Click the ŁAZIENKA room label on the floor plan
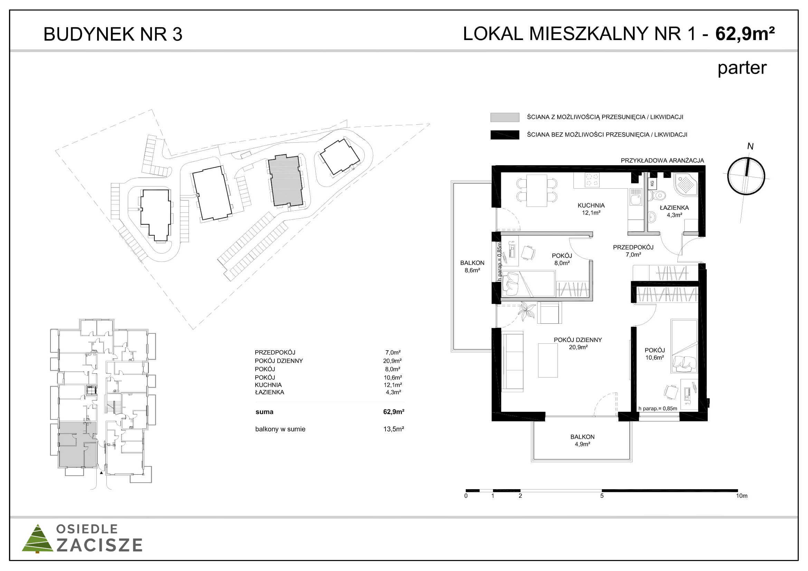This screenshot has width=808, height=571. [x=674, y=211]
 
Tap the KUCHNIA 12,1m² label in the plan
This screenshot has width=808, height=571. [x=591, y=209]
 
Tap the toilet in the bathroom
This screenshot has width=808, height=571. [x=657, y=195]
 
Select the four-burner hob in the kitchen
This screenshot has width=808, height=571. [x=592, y=180]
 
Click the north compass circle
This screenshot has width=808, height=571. [x=746, y=176]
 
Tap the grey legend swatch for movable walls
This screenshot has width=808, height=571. [x=505, y=117]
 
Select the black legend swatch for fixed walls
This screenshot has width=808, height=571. [x=505, y=135]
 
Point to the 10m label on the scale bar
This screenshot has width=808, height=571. [x=741, y=496]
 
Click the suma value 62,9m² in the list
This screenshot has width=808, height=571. [x=393, y=412]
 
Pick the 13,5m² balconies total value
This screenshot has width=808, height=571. [x=393, y=429]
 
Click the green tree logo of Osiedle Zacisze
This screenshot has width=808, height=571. [x=37, y=539]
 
